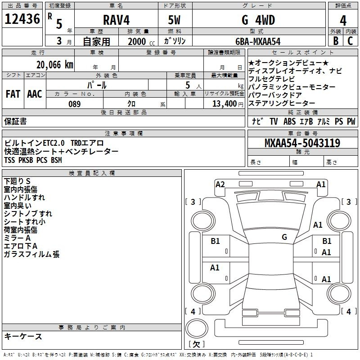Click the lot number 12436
click(22, 19)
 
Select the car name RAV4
click(116, 20)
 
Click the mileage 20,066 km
click(55, 64)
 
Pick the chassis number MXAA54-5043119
click(302, 144)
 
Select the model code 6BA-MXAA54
click(258, 41)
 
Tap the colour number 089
click(74, 104)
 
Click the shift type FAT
click(13, 94)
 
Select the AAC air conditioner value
click(35, 94)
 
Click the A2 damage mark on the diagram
click(220, 184)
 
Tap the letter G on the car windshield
click(284, 237)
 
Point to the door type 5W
click(175, 20)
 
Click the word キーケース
click(23, 336)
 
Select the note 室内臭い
click(18, 206)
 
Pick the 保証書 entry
click(15, 121)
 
